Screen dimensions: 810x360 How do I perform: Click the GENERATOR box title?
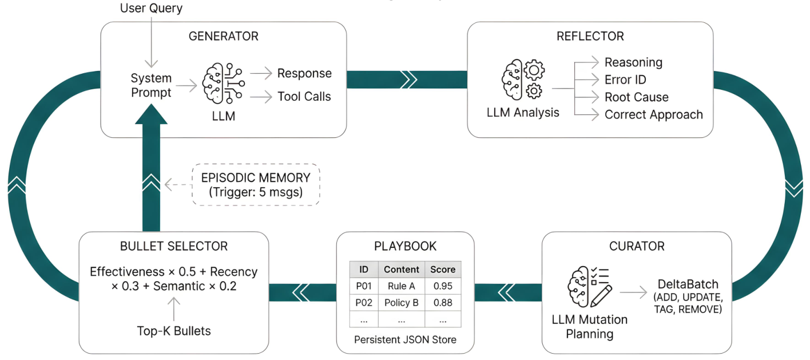point(224,36)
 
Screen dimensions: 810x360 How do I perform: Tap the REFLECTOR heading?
point(590,36)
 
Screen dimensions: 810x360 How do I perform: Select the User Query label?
point(151,8)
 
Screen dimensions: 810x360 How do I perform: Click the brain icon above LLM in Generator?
point(224,83)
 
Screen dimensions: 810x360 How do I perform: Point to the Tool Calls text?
point(304,97)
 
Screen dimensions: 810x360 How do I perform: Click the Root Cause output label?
point(637,97)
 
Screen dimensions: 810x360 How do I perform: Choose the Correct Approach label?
point(654,114)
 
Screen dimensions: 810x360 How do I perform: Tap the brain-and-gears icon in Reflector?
point(523,80)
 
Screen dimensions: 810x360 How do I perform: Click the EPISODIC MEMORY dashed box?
point(256,185)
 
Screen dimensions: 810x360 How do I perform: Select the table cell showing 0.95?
point(443,286)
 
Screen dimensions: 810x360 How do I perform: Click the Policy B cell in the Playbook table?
point(402,302)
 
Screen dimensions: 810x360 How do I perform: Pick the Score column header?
point(443,270)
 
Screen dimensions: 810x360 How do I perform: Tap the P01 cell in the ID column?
point(364,286)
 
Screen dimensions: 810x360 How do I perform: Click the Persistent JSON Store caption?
point(405,340)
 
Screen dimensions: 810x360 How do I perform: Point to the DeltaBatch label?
point(688,284)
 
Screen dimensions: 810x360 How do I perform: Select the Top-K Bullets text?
point(173,331)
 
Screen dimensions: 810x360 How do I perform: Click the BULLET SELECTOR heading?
point(174,247)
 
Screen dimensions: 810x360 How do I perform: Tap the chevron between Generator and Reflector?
point(409,80)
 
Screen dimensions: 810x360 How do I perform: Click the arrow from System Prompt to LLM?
point(186,86)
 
